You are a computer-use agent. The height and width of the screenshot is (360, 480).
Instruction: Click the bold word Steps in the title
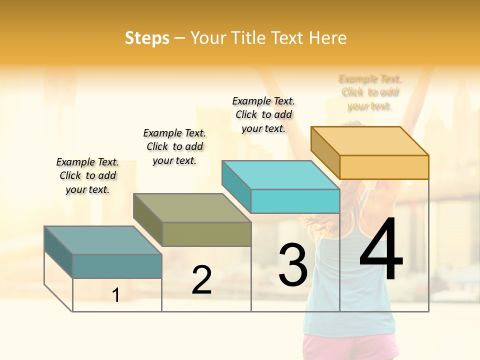pyautogui.click(x=147, y=38)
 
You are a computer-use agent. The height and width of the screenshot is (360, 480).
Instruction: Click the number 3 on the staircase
pyautogui.click(x=293, y=265)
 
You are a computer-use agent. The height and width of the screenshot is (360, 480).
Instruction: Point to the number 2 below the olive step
pyautogui.click(x=201, y=280)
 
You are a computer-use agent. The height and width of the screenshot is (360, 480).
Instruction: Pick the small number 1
pyautogui.click(x=116, y=295)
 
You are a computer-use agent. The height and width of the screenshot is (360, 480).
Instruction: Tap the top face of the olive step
pyautogui.click(x=192, y=208)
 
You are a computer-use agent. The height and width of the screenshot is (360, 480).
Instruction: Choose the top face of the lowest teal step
pyautogui.click(x=103, y=240)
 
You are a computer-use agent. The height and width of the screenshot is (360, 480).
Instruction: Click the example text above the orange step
pyautogui.click(x=370, y=92)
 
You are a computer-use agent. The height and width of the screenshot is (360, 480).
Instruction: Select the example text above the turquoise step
pyautogui.click(x=263, y=114)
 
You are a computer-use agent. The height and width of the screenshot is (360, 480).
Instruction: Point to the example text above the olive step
pyautogui.click(x=174, y=146)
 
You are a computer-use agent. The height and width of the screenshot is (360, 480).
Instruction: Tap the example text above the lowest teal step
pyautogui.click(x=87, y=175)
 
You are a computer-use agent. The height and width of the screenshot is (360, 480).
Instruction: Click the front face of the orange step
pyautogui.click(x=384, y=167)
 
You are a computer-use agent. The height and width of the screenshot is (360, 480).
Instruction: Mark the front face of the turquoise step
pyautogui.click(x=295, y=201)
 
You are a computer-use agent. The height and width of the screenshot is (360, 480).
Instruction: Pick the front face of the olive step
pyautogui.click(x=206, y=234)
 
